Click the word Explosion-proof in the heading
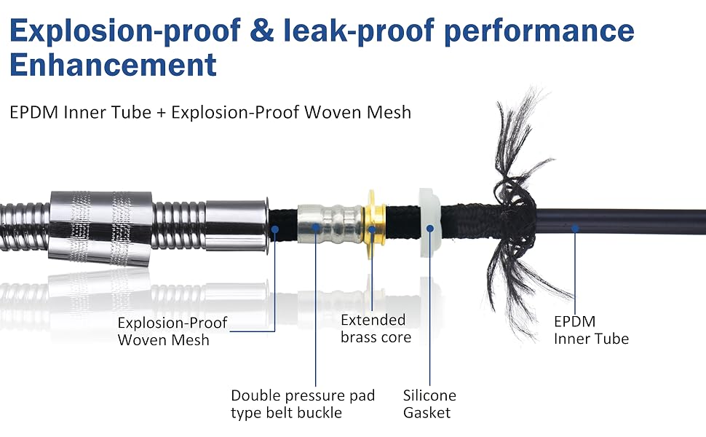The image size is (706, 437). [125, 31]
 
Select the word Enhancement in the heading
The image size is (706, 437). [113, 65]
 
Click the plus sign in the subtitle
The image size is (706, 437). [161, 113]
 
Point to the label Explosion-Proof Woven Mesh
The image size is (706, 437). [172, 331]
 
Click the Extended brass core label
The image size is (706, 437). [376, 328]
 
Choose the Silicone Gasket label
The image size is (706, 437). [429, 403]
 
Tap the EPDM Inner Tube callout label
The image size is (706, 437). [591, 330]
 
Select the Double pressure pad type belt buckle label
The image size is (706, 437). [303, 403]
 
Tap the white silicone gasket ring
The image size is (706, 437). [430, 223]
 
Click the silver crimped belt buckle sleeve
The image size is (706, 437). [330, 224]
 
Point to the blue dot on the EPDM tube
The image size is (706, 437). [575, 229]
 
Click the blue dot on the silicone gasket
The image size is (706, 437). [430, 229]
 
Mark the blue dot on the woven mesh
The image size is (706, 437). [274, 229]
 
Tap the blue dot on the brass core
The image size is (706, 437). [372, 229]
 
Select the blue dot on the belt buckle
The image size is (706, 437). [316, 227]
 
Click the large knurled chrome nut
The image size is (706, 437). [100, 228]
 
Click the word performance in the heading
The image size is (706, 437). [539, 31]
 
